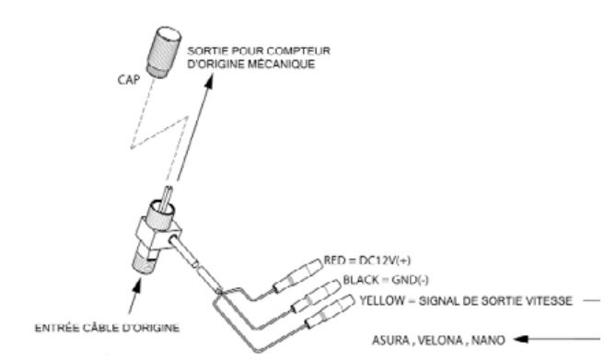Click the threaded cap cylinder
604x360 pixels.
(163, 52)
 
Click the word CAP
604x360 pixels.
(129, 80)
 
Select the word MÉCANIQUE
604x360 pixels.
(281, 64)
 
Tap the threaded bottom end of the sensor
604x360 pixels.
(144, 262)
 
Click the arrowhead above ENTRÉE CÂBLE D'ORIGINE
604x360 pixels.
(136, 285)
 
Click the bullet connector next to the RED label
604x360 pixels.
(298, 275)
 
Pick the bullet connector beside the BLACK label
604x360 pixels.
(316, 296)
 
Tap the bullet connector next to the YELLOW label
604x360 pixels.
(331, 311)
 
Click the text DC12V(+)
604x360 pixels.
(385, 261)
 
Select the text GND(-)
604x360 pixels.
(410, 280)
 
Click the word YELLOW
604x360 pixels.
(382, 300)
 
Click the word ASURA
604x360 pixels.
(390, 341)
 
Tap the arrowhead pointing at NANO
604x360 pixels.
(521, 339)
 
